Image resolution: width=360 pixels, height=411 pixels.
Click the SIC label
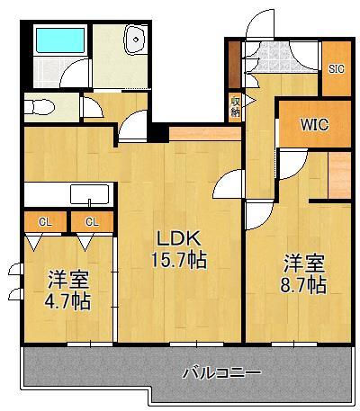(335, 68)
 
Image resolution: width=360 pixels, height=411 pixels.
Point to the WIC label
(314, 125)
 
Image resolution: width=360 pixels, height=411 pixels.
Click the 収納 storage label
(235, 106)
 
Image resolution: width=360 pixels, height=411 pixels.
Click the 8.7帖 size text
(303, 285)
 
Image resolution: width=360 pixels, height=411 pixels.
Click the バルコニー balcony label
(221, 371)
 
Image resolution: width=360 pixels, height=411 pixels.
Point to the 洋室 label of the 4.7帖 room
(68, 278)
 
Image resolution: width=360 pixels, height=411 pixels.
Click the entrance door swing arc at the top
(256, 22)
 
